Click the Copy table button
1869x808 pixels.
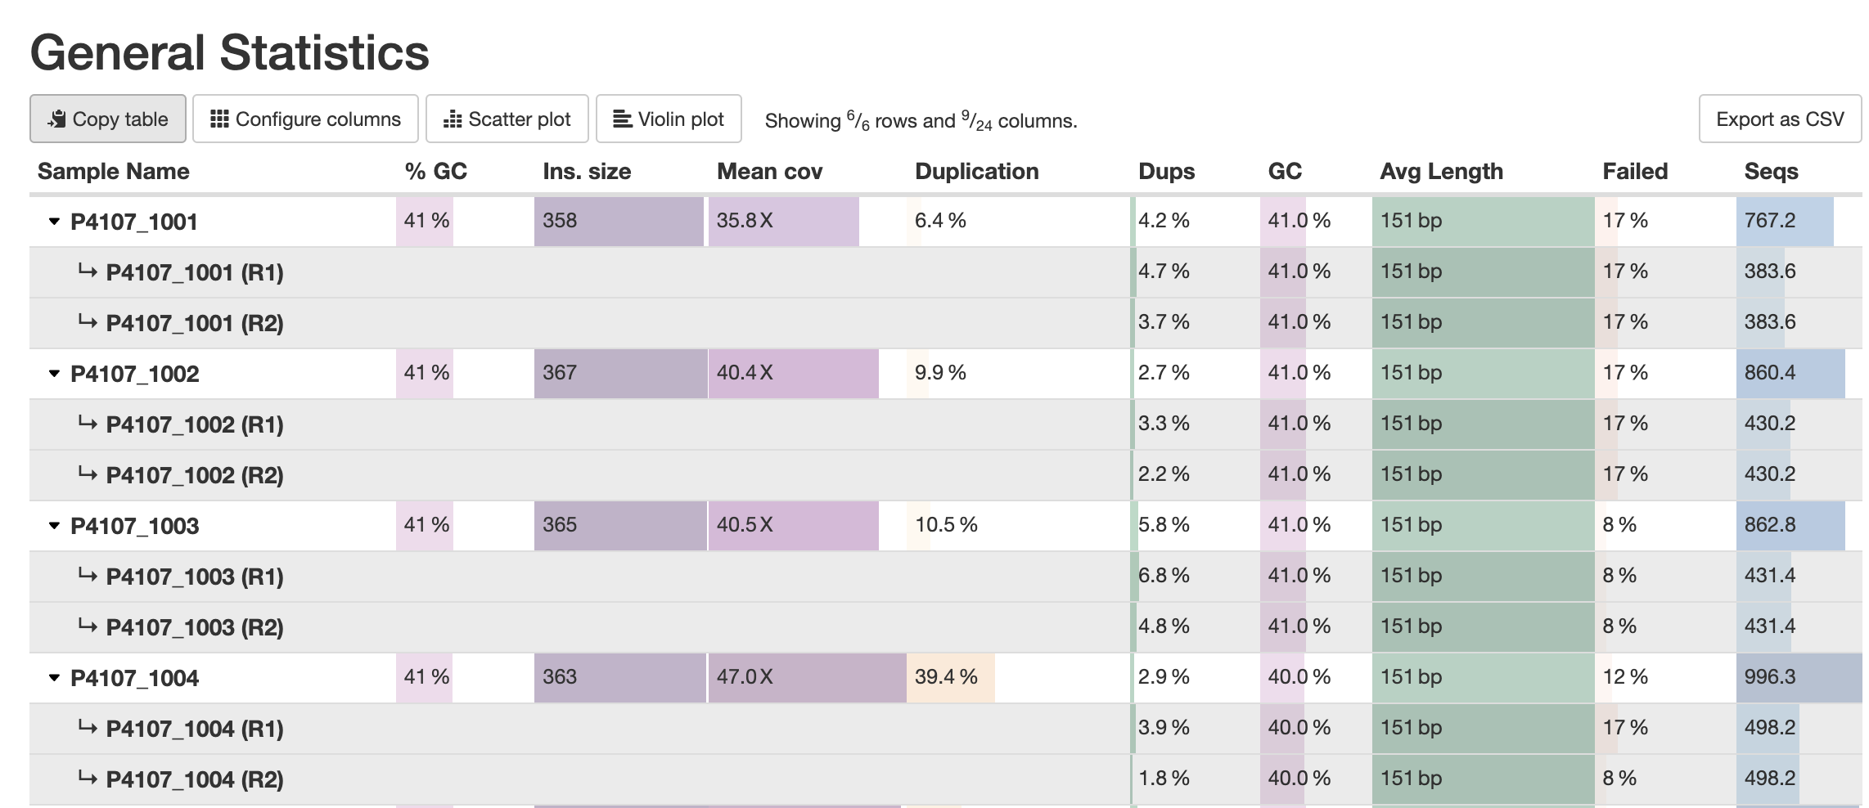[108, 119]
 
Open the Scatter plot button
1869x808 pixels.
[507, 119]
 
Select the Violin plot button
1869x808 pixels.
[669, 119]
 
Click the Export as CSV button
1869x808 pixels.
[1779, 119]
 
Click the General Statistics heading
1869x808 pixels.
[229, 52]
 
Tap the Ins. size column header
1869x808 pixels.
[587, 171]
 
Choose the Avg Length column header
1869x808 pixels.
[1441, 171]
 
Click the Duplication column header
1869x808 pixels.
[976, 171]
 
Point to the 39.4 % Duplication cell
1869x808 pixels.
[946, 677]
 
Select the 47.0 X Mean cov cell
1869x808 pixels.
[745, 677]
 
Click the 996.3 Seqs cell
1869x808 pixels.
[1769, 677]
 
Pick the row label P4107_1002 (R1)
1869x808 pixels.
[195, 424]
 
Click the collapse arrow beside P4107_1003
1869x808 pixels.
[54, 526]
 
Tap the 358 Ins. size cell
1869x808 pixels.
[560, 221]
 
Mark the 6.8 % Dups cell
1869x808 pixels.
[1164, 576]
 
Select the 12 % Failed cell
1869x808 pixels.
[1624, 677]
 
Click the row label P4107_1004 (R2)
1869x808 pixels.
[195, 779]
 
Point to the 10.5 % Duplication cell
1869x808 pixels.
[946, 525]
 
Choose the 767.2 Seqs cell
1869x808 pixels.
[1769, 221]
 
